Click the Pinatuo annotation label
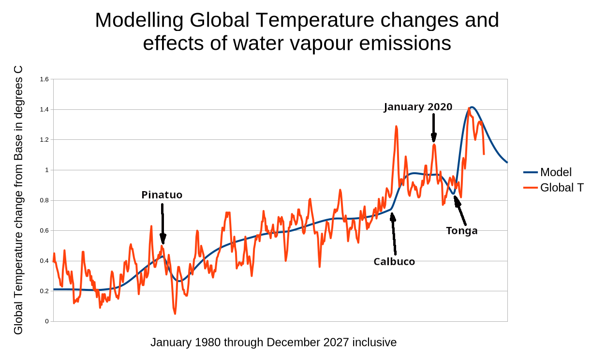tap(162, 195)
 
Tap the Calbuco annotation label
tap(394, 262)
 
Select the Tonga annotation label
tap(461, 231)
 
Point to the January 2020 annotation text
tap(418, 107)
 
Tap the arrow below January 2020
tap(434, 127)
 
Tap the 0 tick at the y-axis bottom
tap(47, 321)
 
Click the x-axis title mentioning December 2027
tap(273, 343)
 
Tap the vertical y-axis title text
tap(18, 200)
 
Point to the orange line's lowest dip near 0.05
tap(175, 313)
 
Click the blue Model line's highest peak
tap(472, 107)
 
